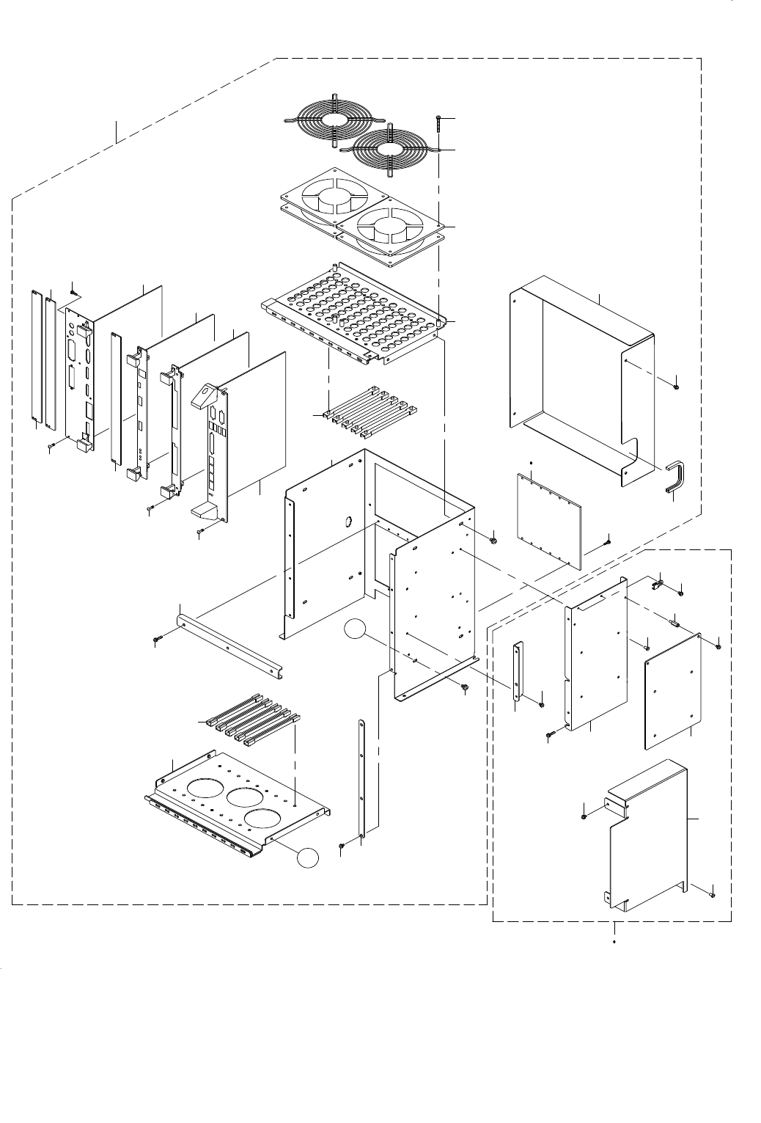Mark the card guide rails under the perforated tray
(370, 414)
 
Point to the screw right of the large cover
(675, 386)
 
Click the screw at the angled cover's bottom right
(713, 893)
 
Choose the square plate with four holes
(672, 690)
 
